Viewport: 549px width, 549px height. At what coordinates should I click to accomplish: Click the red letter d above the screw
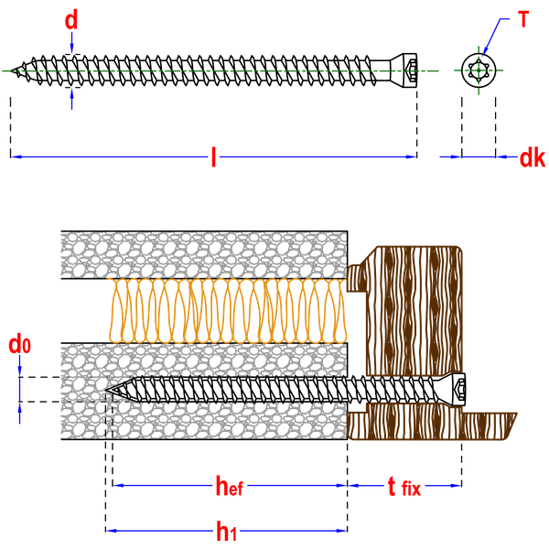[x=71, y=20]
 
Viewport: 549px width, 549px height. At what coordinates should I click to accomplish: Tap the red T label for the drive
[x=523, y=19]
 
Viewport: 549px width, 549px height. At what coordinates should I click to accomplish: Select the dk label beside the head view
[x=533, y=158]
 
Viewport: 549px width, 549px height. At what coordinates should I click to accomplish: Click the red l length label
[x=213, y=156]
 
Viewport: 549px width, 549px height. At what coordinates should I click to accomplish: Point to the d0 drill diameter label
[x=19, y=344]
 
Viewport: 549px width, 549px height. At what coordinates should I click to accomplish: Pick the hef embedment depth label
[x=230, y=486]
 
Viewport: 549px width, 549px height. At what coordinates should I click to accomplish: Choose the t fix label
[x=404, y=487]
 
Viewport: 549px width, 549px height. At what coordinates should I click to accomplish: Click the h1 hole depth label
[x=227, y=531]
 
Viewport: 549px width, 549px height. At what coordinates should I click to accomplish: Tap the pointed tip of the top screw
[x=11, y=70]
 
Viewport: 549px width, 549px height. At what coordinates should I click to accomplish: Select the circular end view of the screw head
[x=479, y=70]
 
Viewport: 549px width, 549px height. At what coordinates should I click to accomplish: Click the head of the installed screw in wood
[x=451, y=390]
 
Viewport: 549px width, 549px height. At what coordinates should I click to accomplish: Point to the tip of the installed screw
[x=106, y=390]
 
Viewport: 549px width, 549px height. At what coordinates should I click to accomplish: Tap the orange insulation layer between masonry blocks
[x=227, y=311]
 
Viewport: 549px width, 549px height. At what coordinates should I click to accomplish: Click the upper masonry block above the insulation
[x=204, y=255]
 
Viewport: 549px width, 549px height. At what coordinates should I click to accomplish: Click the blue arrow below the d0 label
[x=19, y=414]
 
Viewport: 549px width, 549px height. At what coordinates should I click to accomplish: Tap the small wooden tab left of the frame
[x=357, y=278]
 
